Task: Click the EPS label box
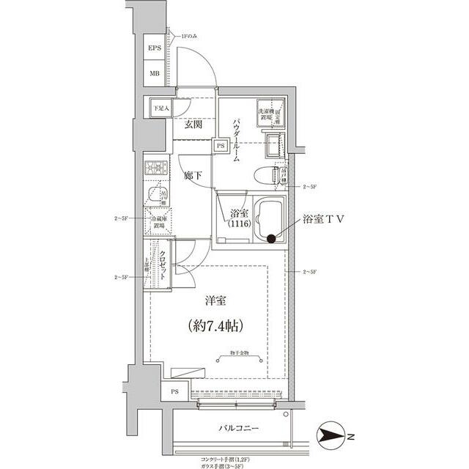click(x=155, y=49)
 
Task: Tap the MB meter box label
click(x=155, y=73)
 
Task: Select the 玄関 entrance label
click(x=193, y=125)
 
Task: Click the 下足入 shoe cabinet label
click(x=160, y=108)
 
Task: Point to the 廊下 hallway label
click(x=193, y=176)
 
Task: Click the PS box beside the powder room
click(x=220, y=146)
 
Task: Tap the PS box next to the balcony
click(x=174, y=392)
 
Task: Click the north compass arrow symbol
click(x=334, y=437)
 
